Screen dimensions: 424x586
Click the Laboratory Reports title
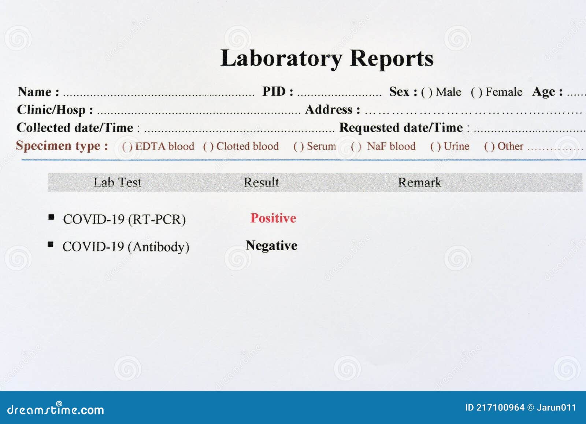pos(327,59)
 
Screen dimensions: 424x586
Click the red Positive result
pos(273,218)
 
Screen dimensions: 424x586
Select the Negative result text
pos(271,246)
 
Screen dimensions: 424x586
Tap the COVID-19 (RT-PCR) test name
pos(124,220)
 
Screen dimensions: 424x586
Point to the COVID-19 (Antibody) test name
pos(126,247)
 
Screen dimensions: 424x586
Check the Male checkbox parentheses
pos(427,92)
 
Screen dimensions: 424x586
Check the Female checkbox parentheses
pos(476,92)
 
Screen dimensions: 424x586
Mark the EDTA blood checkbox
pos(127,147)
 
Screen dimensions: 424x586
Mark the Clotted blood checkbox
pos(208,147)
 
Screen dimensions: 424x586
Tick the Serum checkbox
pos(298,147)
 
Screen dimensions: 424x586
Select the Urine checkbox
pos(435,147)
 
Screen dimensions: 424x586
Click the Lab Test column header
pos(117,182)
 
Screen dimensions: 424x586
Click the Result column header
pos(262,182)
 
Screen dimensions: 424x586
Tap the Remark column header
pos(420,182)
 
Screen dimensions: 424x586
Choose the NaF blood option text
pos(391,146)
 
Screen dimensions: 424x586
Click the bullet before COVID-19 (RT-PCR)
pos(51,217)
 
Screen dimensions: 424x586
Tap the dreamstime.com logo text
pos(56,409)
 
